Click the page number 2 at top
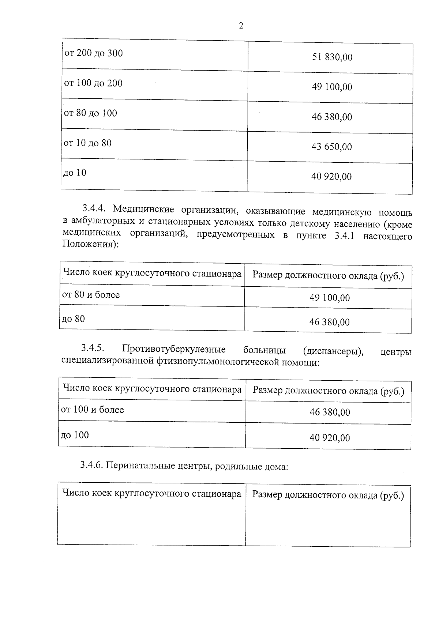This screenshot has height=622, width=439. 241,26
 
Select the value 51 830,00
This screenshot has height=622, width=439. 332,57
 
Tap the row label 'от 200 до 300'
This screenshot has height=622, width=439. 94,53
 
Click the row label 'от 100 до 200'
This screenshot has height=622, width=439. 93,83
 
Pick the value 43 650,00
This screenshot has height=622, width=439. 331,147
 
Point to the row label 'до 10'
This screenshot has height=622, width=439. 75,173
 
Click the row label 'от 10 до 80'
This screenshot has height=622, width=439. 87,143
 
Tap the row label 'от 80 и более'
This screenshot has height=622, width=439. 91,295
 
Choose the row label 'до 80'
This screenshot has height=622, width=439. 73,319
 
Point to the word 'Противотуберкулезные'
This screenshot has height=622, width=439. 174,350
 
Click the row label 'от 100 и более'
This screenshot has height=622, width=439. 92,410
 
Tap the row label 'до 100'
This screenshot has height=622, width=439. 75,435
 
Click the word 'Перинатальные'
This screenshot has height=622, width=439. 136,467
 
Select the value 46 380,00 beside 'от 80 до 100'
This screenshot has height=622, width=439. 331,117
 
